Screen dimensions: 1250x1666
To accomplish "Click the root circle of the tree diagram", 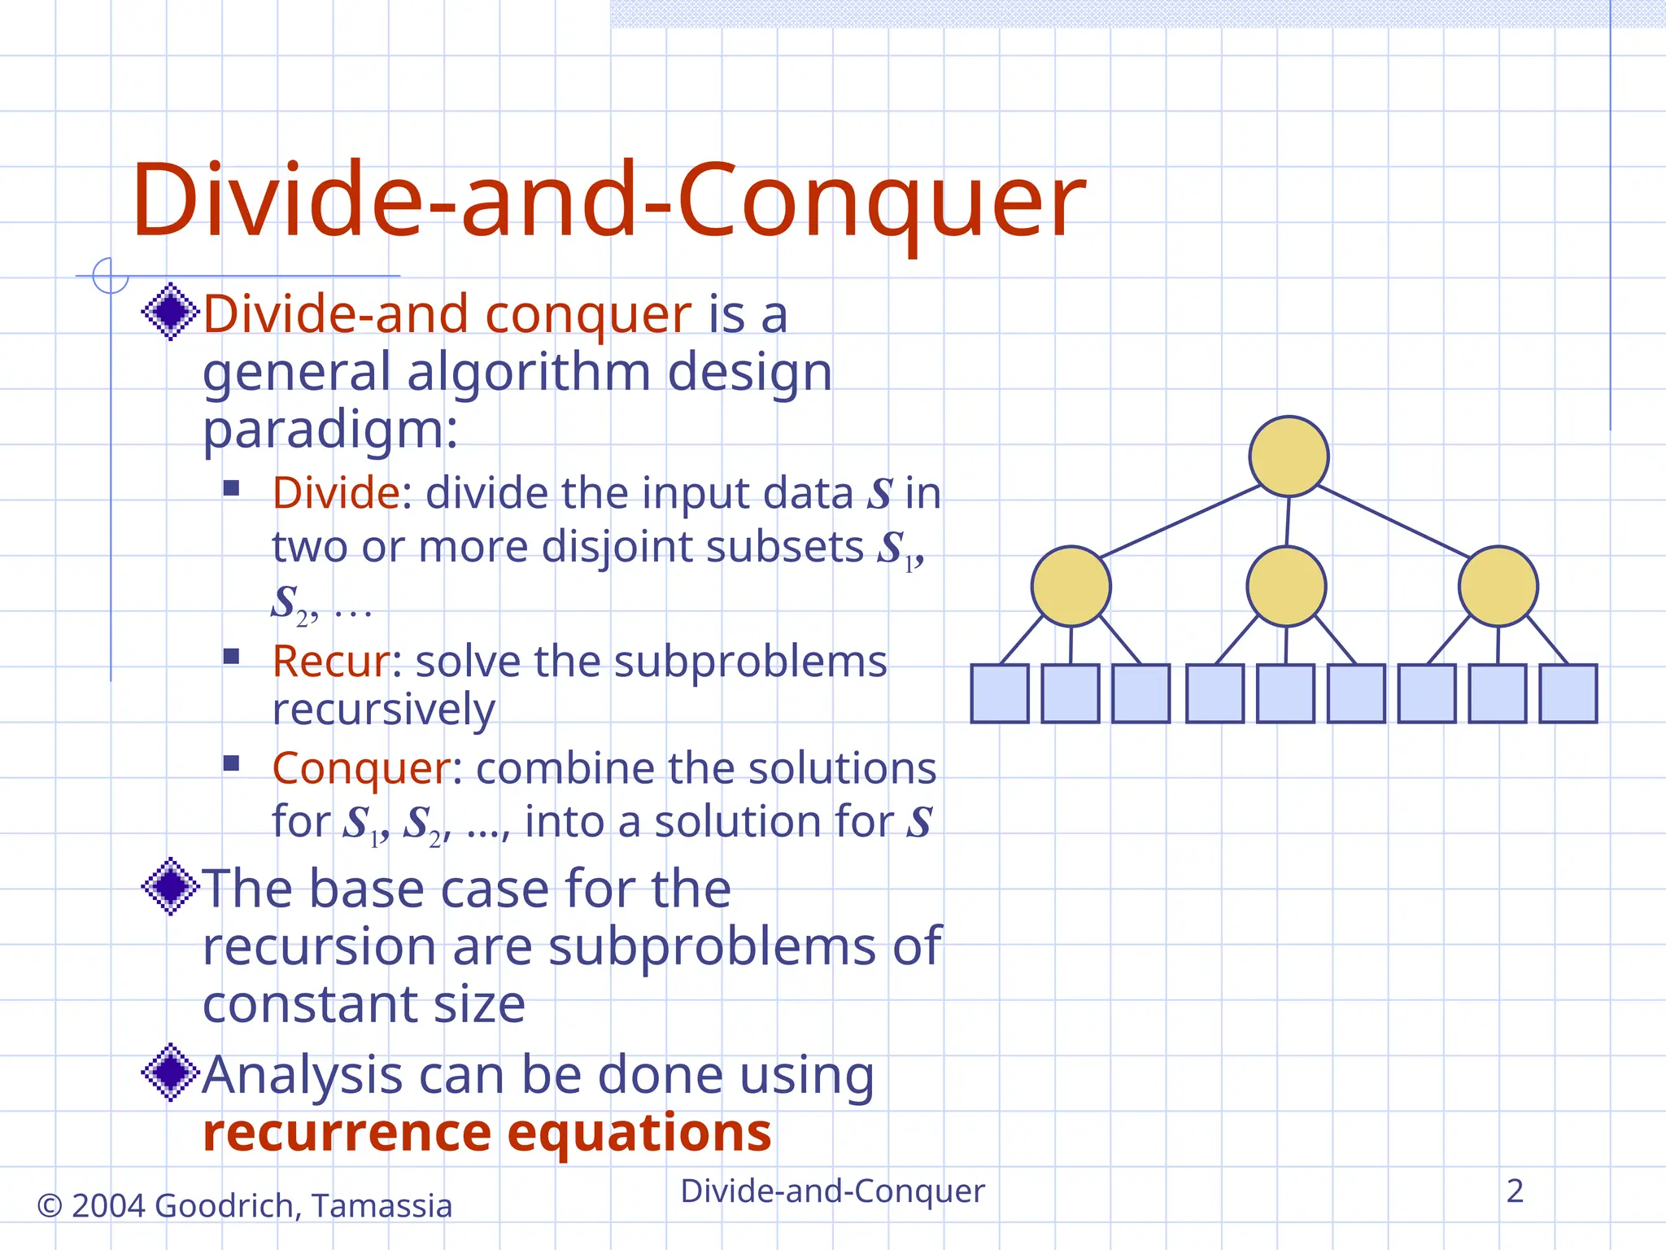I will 1289,457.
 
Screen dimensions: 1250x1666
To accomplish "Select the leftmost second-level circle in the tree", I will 1071,586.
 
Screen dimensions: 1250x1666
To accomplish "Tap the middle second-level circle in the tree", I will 1286,586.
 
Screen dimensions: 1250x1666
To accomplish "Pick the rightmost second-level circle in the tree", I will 1498,586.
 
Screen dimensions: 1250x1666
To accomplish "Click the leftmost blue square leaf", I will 1000,693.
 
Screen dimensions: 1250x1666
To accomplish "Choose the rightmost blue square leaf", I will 1568,693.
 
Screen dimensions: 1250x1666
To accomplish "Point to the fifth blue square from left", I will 1285,693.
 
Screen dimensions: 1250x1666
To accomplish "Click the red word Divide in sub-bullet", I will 335,493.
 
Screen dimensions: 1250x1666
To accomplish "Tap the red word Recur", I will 330,662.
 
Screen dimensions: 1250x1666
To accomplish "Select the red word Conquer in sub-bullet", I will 360,768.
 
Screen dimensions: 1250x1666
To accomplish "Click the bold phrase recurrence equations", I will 486,1133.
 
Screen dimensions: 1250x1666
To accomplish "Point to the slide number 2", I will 1514,1191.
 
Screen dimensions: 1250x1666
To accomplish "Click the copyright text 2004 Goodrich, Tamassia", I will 245,1205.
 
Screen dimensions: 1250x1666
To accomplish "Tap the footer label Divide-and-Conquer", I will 832,1191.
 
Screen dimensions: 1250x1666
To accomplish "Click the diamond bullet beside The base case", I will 170,886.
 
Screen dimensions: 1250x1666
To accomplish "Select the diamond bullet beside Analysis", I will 170,1073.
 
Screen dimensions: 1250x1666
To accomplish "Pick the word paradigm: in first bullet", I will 329,431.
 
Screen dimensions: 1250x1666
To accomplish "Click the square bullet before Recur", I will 231,656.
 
